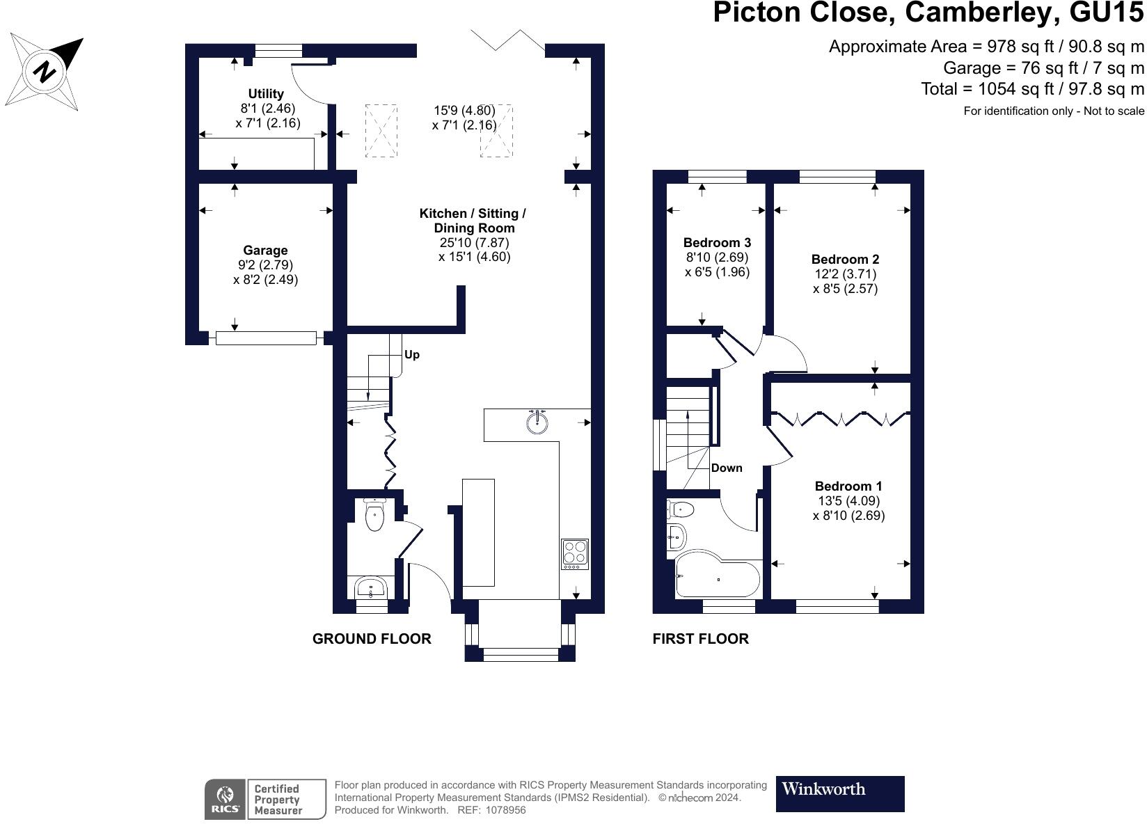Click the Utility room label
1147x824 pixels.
pyautogui.click(x=266, y=94)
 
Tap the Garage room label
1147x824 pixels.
pyautogui.click(x=265, y=251)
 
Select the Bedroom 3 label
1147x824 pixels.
pyautogui.click(x=717, y=242)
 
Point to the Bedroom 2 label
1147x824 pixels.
pyautogui.click(x=846, y=259)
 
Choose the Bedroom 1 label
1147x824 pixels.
pyautogui.click(x=848, y=486)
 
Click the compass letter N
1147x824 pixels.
pyautogui.click(x=45, y=71)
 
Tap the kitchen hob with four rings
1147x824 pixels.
pyautogui.click(x=575, y=553)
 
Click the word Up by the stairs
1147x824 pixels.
pyautogui.click(x=412, y=354)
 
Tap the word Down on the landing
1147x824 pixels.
pyautogui.click(x=727, y=468)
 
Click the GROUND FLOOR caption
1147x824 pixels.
pyautogui.click(x=372, y=639)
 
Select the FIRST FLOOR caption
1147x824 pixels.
pyautogui.click(x=700, y=639)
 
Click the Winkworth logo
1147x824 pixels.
pyautogui.click(x=840, y=794)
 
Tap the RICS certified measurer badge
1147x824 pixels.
pyautogui.click(x=265, y=799)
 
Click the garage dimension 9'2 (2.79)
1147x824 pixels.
pyautogui.click(x=265, y=264)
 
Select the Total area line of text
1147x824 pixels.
pyautogui.click(x=1032, y=89)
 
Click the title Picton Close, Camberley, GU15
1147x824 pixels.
pyautogui.click(x=928, y=13)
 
